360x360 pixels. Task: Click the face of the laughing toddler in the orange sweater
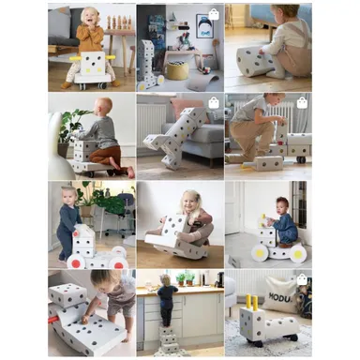tap(89, 16)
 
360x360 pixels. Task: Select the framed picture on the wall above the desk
tap(203, 26)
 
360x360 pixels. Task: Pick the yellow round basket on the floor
tap(177, 69)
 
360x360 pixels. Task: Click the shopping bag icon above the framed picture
tap(214, 14)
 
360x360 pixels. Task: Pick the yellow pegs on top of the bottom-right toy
tap(251, 304)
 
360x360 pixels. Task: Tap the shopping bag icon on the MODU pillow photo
tap(302, 278)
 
